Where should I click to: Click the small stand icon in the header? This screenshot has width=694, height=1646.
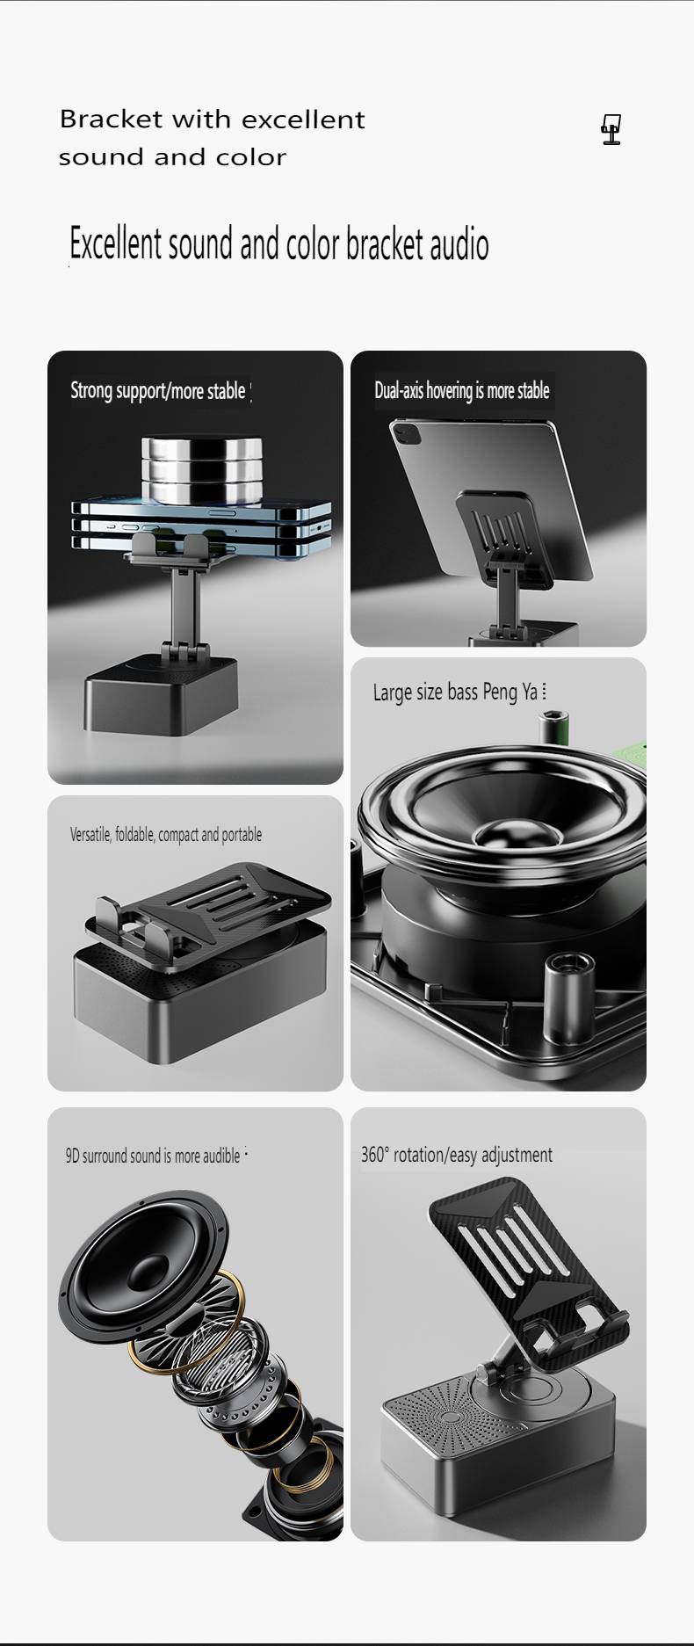point(611,130)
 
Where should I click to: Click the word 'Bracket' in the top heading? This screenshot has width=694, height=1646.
point(112,119)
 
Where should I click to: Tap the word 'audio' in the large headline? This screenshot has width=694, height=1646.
point(459,244)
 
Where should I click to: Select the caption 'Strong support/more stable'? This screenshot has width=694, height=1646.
point(158,391)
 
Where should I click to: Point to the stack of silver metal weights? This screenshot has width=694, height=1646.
point(195,470)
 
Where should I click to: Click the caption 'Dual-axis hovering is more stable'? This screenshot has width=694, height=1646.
point(462,390)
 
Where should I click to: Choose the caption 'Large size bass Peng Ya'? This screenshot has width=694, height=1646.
point(455,692)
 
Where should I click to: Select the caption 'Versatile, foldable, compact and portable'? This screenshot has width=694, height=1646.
point(166,835)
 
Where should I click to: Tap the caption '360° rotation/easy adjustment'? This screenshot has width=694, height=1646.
point(457,1155)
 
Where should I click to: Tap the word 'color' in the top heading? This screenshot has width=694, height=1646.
point(255,157)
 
